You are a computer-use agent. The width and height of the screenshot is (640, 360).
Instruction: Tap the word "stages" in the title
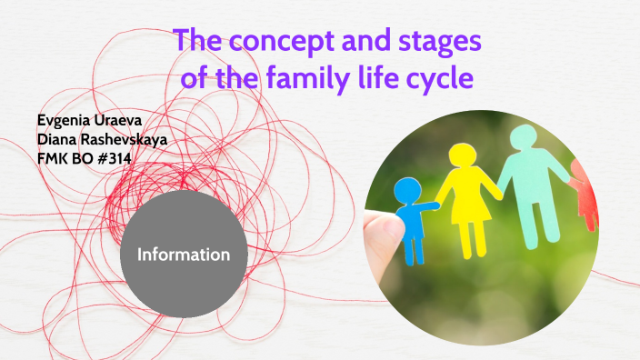pyautogui.click(x=438, y=42)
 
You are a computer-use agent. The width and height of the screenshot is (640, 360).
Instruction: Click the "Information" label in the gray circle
pyautogui.click(x=184, y=255)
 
